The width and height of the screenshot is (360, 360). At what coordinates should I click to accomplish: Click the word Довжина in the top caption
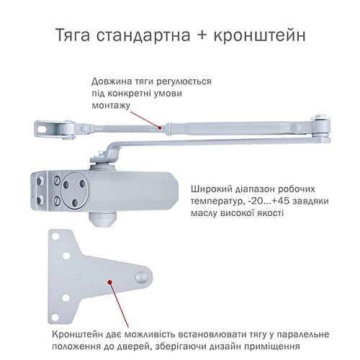pyautogui.click(x=111, y=81)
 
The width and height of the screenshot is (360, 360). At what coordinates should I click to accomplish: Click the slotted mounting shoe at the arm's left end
pyautogui.click(x=48, y=128)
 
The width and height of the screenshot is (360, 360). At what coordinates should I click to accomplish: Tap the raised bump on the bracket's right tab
pyautogui.click(x=143, y=276)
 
